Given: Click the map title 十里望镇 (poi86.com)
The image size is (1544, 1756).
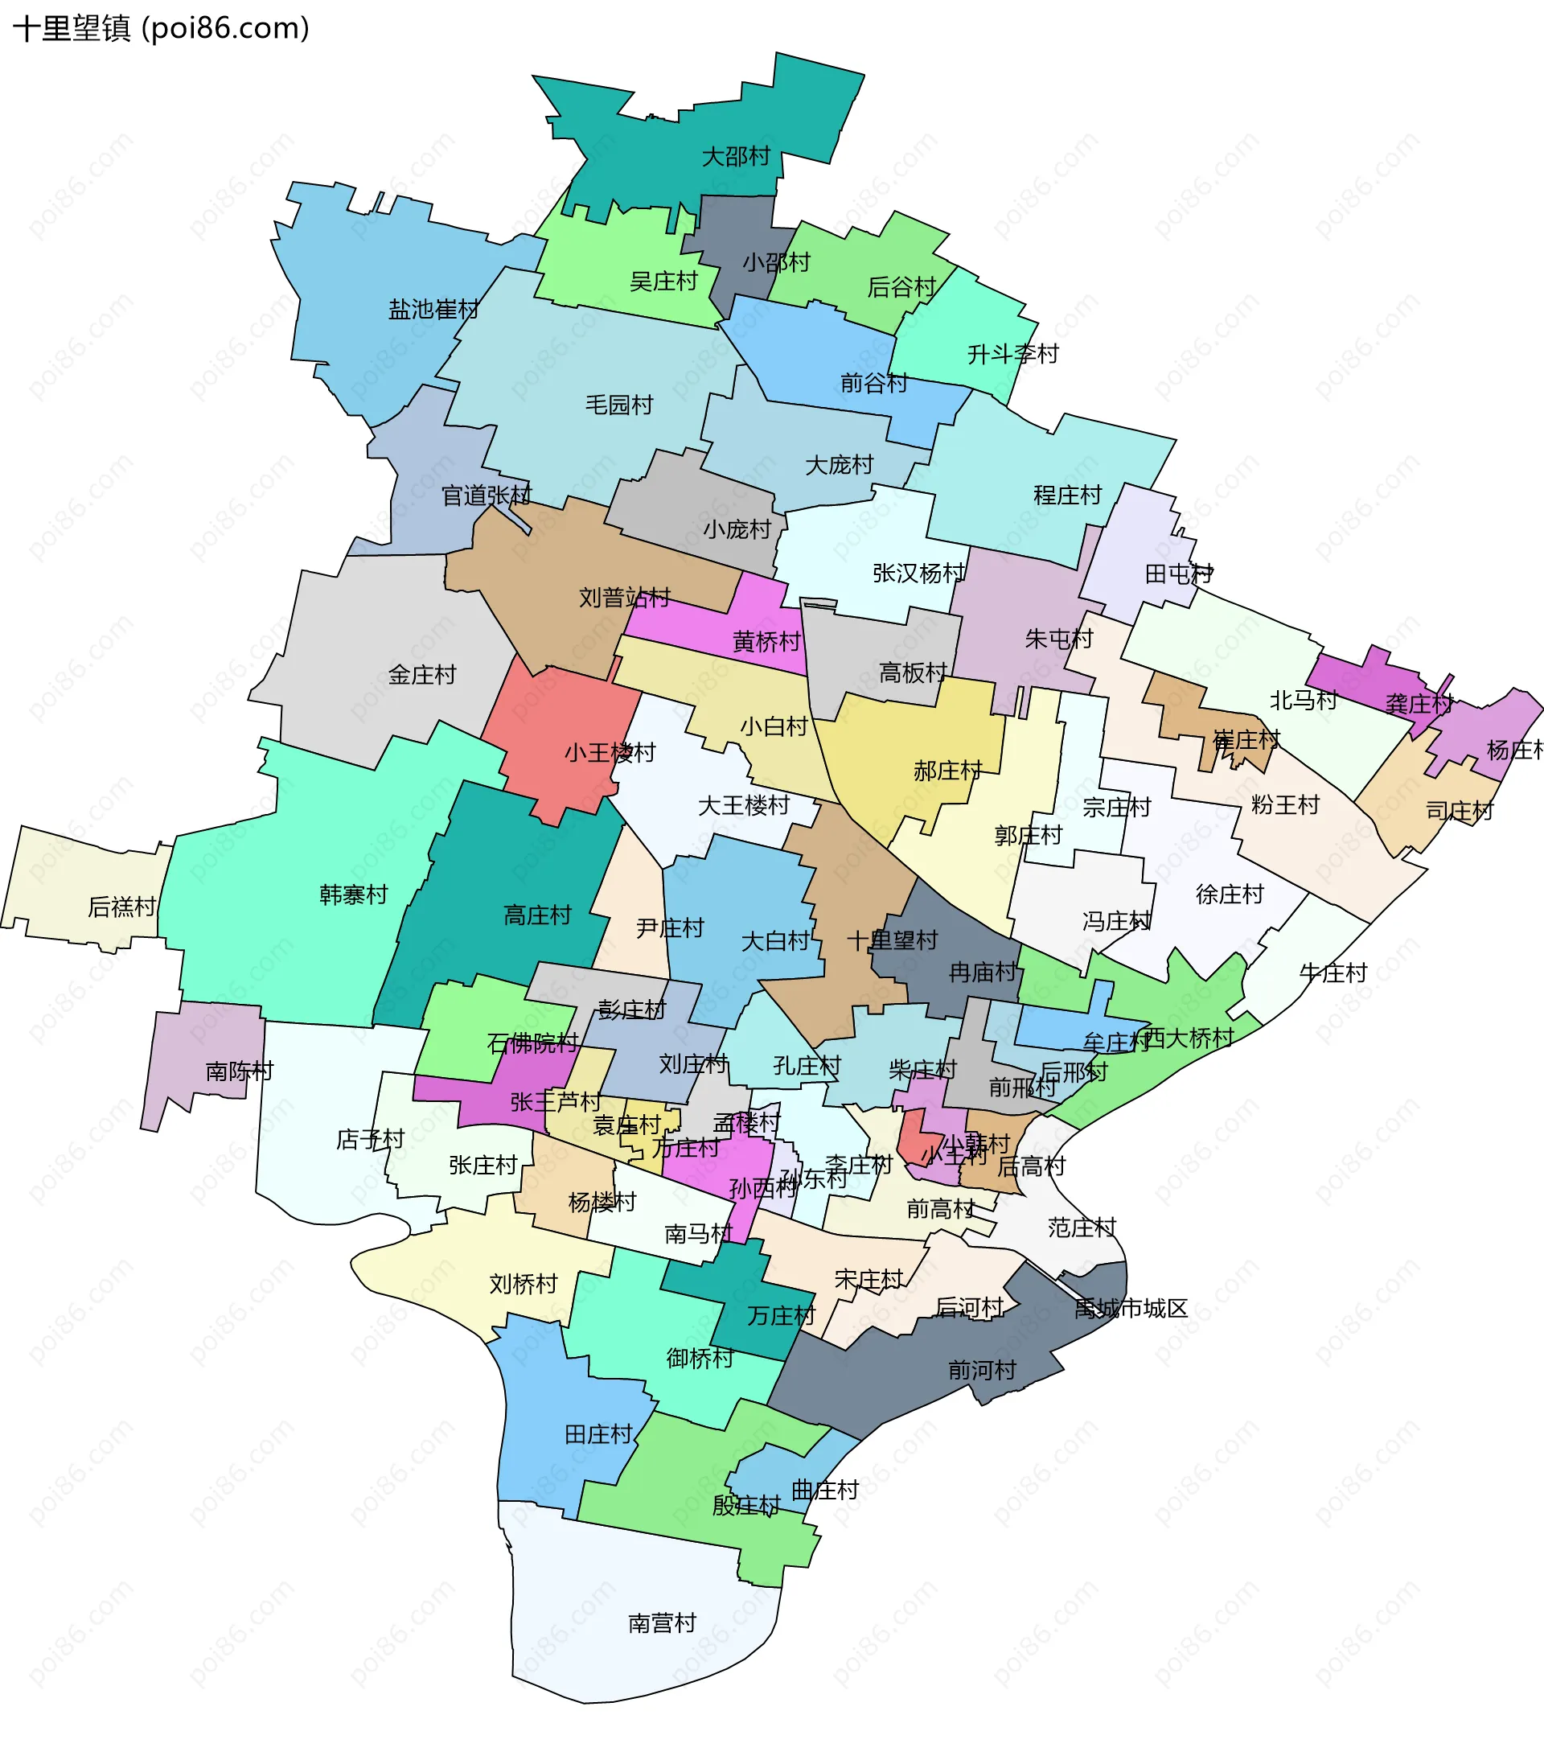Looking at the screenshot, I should [x=161, y=28].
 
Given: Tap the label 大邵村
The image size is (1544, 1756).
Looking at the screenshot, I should [x=736, y=156].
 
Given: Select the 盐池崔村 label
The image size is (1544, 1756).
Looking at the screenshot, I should [x=433, y=309].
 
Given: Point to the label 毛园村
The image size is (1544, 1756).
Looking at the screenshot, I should [x=619, y=405].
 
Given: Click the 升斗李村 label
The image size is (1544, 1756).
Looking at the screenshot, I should [x=1012, y=354].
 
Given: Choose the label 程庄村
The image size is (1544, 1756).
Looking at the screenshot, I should [x=1066, y=495].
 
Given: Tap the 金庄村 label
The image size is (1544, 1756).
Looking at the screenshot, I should [x=421, y=674].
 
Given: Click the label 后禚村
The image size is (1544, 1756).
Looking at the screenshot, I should [x=122, y=907].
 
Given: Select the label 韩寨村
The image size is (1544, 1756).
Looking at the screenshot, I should [x=353, y=894].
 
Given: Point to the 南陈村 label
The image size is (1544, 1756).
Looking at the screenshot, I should [x=239, y=1071].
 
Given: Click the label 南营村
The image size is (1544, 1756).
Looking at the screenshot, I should [x=661, y=1622].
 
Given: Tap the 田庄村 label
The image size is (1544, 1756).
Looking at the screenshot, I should [x=598, y=1433].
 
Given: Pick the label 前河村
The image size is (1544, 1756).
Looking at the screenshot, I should [x=982, y=1369].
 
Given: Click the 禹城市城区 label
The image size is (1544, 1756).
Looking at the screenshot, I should [x=1130, y=1309].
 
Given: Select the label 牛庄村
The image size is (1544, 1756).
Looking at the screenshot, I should [x=1333, y=973].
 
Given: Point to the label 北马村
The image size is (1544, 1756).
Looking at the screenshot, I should [x=1304, y=700].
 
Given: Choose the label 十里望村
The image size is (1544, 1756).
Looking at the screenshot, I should [x=892, y=940].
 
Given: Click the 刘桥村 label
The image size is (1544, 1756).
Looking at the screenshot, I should [x=523, y=1284].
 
